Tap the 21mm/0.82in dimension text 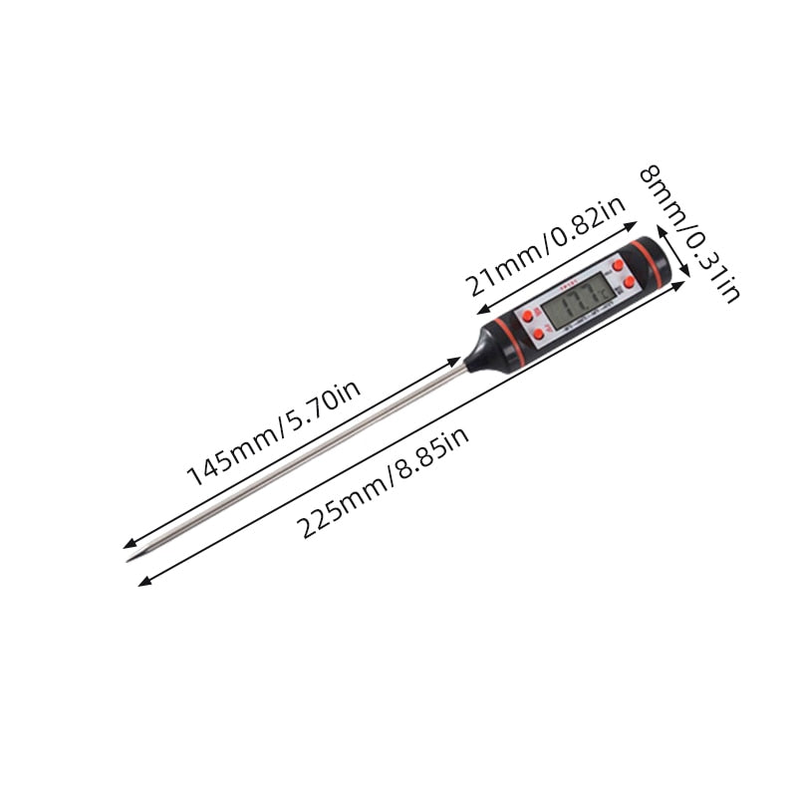546,245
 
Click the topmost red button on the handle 618,266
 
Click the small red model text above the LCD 570,283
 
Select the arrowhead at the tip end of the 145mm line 127,545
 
